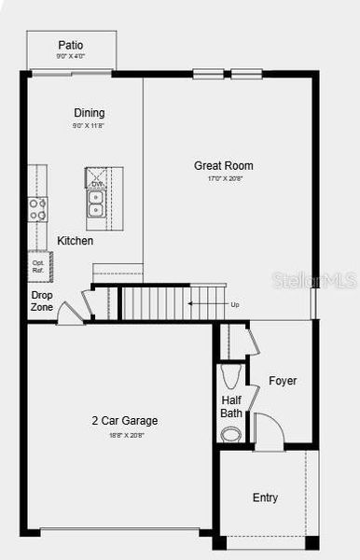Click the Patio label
pos(71,45)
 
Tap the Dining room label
pos(90,114)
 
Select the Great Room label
pos(223,166)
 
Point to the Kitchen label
pos(76,241)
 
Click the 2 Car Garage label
pos(124,421)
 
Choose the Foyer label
pos(283,381)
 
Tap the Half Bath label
pos(231,407)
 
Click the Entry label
pos(265,498)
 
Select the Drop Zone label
pos(42,301)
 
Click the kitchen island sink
pos(95,197)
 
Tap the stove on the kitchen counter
pos(38,210)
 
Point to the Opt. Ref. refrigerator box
pos(39,266)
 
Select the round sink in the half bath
pos(230,434)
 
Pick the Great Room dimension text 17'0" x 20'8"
pos(223,178)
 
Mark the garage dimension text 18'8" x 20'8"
pos(124,434)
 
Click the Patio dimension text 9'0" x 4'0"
pos(71,56)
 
